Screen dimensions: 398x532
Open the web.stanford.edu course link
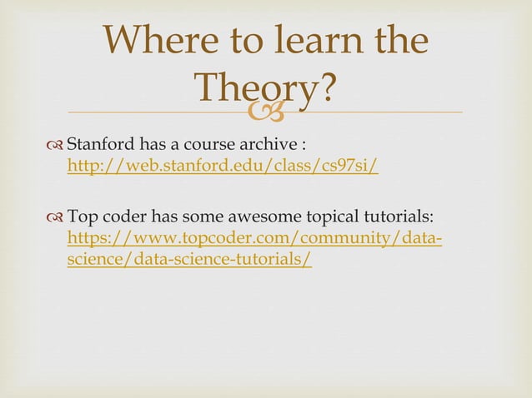coord(223,167)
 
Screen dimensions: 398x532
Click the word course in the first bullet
coord(203,147)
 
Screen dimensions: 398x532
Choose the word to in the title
coord(235,41)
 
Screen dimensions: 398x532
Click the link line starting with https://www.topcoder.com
coord(254,240)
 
